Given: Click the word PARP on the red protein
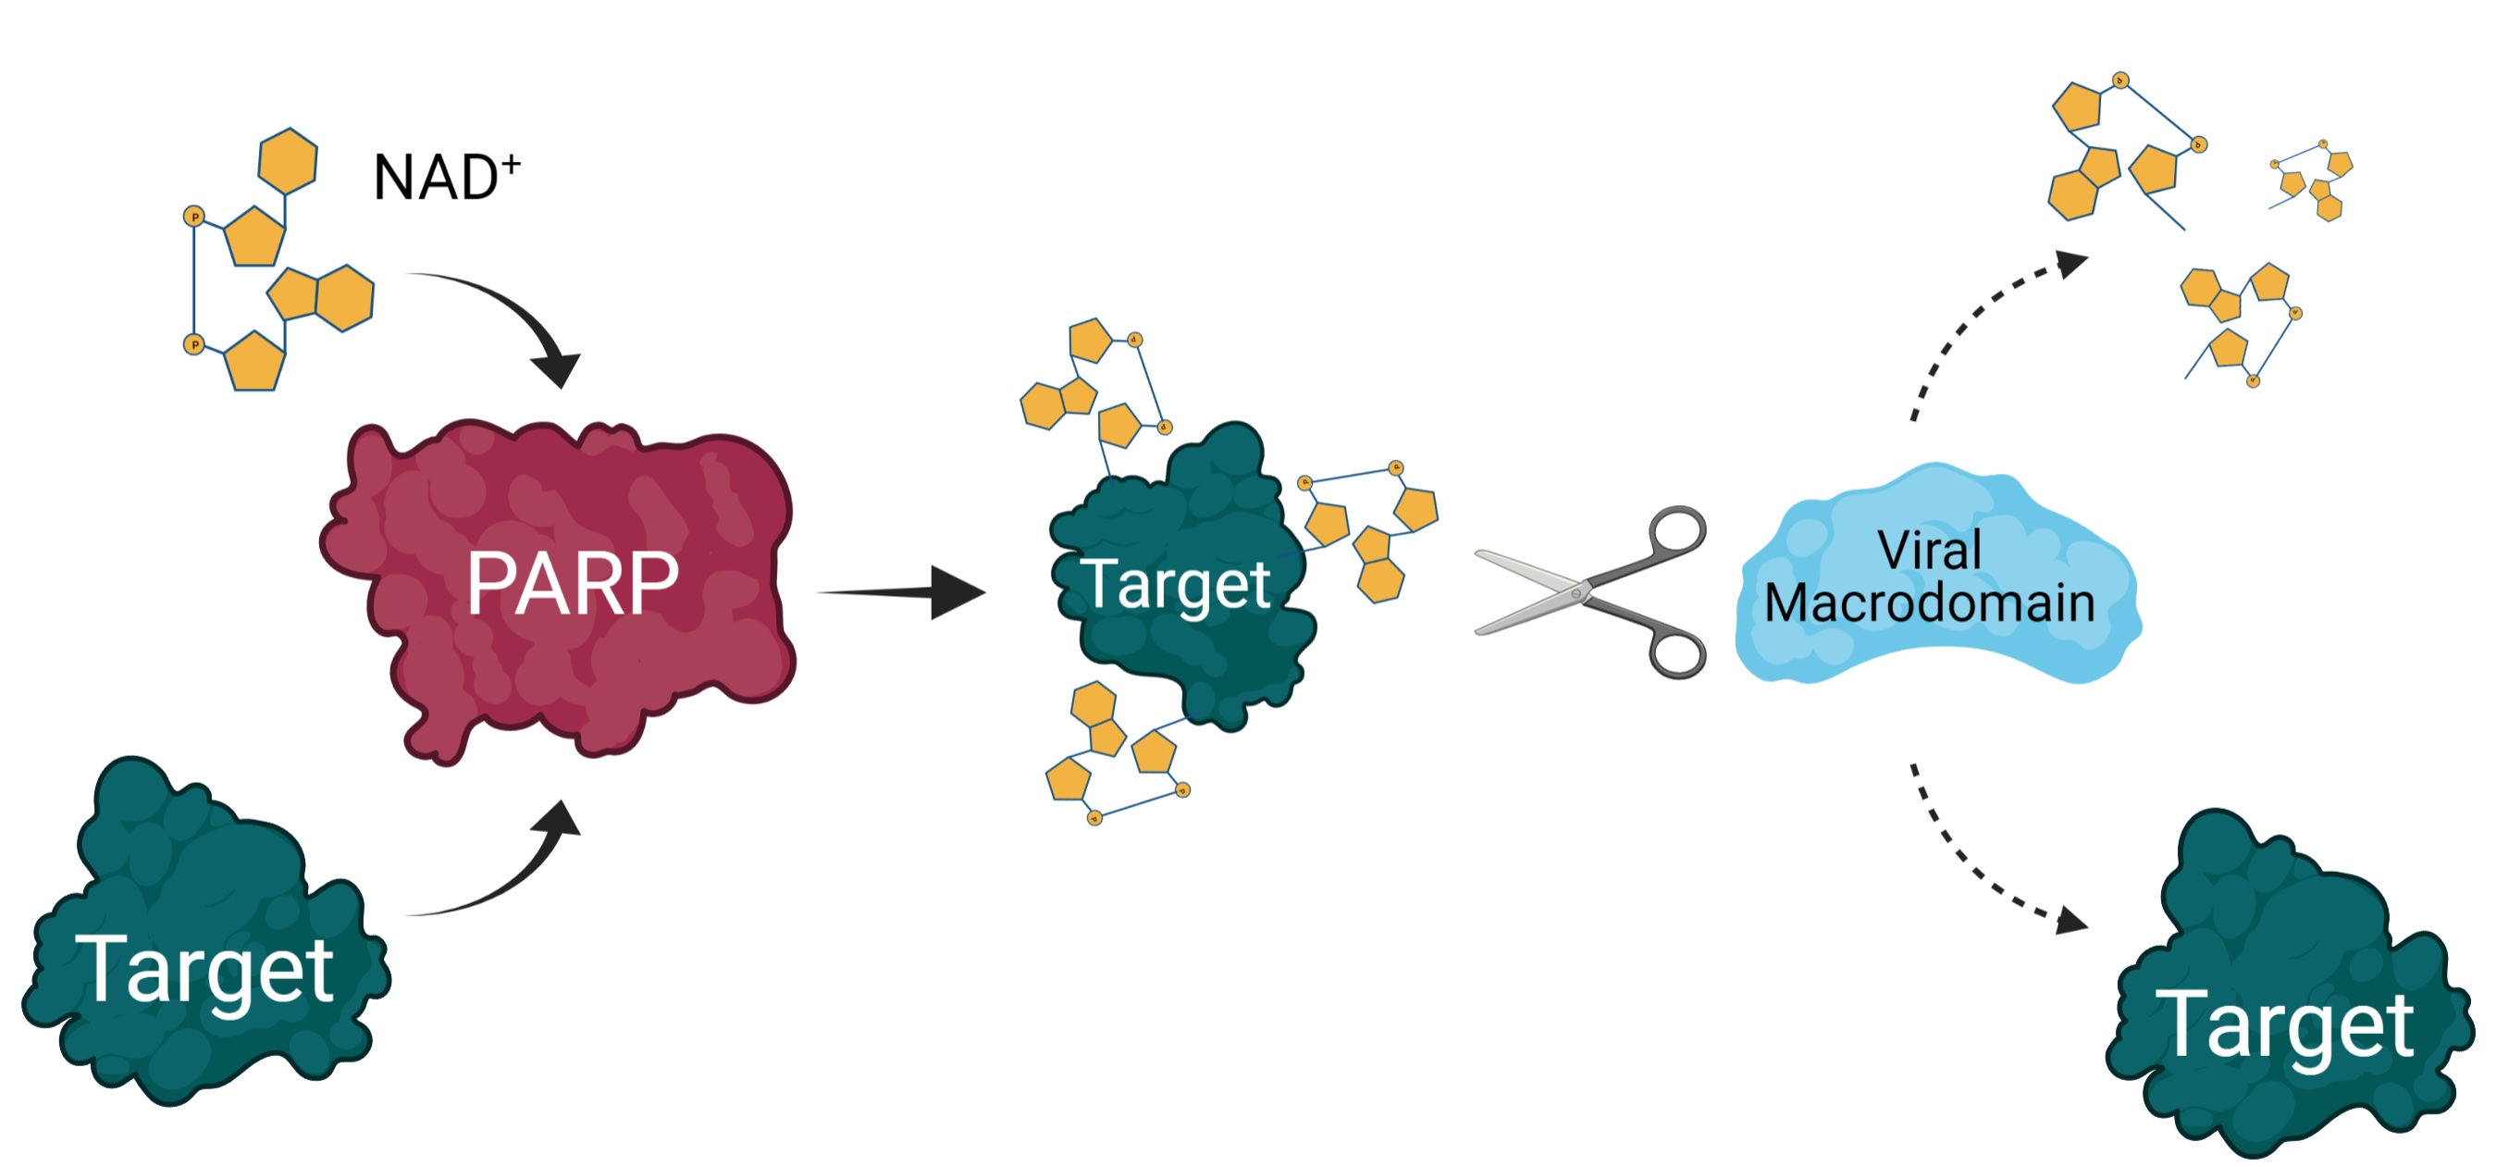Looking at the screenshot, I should point(573,582).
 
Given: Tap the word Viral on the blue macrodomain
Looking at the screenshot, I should point(1929,550).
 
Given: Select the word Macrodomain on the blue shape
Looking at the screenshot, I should point(1929,602).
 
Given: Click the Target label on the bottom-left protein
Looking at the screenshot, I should point(209,969).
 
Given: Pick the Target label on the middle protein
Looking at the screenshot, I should point(1175,585).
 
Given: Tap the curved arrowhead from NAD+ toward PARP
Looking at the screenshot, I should point(557,369).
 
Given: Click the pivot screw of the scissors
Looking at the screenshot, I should point(1577,591).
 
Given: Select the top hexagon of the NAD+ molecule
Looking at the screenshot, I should point(288,160).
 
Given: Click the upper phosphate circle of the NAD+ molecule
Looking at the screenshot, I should point(193,217).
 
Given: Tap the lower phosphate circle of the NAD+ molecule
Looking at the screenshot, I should point(193,344).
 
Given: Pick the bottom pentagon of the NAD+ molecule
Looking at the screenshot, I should point(254,362).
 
